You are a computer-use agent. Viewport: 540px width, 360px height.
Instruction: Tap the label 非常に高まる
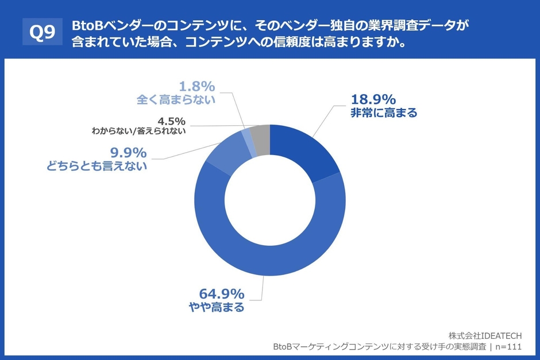pos(383,113)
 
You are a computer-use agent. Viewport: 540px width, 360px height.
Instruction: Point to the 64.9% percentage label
pos(222,293)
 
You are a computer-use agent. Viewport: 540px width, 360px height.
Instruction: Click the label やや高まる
pos(217,308)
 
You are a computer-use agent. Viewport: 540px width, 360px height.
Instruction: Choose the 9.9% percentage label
pos(128,153)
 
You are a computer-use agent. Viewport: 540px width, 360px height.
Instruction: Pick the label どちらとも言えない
pos(97,167)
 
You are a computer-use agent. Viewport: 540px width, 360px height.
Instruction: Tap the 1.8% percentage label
pos(197,86)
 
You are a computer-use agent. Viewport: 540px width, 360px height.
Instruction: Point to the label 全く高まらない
pos(176,100)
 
